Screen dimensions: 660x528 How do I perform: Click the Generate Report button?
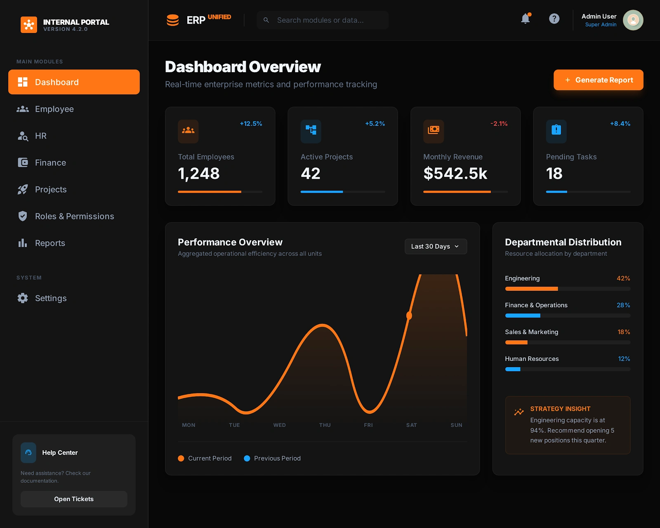(598, 80)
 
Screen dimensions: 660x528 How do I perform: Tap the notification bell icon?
(526, 19)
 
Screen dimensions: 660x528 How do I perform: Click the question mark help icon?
(554, 19)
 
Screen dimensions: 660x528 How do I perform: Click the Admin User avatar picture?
(633, 20)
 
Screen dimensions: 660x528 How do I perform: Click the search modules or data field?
(323, 20)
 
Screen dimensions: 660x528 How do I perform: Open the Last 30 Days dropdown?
(436, 246)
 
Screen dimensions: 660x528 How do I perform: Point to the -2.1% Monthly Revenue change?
(499, 124)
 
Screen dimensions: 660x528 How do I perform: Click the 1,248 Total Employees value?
(199, 173)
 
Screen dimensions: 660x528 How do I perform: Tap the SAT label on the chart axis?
(411, 425)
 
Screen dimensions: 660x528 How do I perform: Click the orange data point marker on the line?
(409, 316)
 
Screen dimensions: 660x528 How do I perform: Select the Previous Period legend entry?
(272, 458)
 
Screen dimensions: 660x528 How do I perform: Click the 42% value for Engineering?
(623, 278)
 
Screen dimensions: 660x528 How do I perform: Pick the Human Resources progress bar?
(567, 369)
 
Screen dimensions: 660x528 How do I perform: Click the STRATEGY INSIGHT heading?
(560, 409)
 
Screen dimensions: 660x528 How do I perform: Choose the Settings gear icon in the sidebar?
(23, 298)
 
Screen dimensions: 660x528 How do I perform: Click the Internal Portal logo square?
(29, 25)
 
